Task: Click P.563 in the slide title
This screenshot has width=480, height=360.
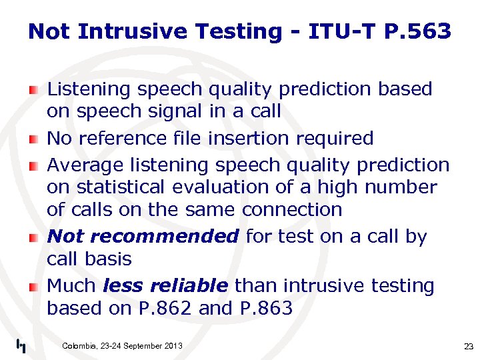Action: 418,31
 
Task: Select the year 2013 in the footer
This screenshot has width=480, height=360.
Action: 171,345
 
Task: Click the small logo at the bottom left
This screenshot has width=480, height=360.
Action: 21,345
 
